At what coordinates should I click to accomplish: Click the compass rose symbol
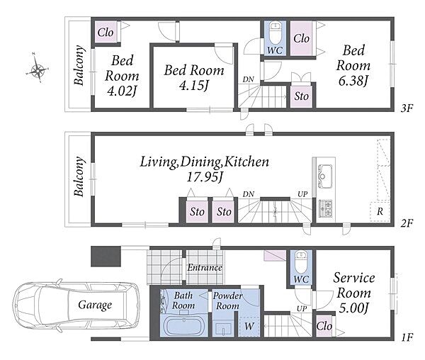coord(37,68)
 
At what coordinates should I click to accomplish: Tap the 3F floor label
coord(407,108)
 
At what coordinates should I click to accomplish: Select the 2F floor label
coord(407,223)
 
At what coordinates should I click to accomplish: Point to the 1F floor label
coord(407,337)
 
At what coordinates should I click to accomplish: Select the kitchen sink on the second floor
coord(324,176)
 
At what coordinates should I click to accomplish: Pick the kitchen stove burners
coord(325,208)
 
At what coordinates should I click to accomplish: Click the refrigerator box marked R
coord(380,211)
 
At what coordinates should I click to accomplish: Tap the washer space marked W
coord(249,326)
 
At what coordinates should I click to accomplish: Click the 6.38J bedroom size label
coord(353,81)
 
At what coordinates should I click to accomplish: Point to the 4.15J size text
coord(194,86)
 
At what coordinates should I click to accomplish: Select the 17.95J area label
coord(205,177)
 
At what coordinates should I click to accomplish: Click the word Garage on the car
coord(95,305)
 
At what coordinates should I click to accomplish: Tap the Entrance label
coord(205,268)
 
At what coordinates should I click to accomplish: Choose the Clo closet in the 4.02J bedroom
coord(106,33)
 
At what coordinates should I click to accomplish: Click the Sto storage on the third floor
coord(302,96)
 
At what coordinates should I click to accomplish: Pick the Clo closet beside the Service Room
coord(324,326)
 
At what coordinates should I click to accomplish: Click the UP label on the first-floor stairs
coord(302,308)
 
